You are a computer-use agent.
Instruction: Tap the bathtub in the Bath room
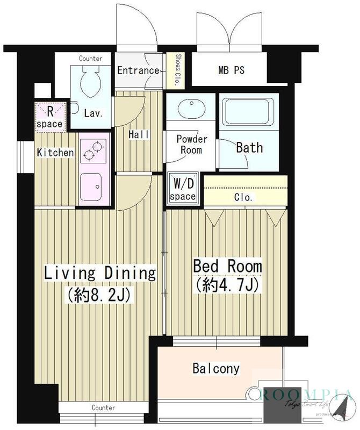point(249,112)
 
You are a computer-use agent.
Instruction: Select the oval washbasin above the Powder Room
point(192,108)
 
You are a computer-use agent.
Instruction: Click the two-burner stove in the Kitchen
point(93,151)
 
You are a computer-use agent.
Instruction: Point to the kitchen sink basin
point(91,187)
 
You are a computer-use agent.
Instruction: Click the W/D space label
point(183,189)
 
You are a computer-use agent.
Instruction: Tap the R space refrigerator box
point(51,117)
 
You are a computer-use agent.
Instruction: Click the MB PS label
point(231,70)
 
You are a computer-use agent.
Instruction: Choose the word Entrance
point(138,70)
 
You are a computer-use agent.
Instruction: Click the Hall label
point(139,135)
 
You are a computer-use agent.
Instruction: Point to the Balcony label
point(216,368)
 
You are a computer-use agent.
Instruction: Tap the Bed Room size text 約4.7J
point(226,286)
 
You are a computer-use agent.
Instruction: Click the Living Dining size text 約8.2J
point(99,295)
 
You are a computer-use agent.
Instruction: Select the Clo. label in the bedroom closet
point(243,197)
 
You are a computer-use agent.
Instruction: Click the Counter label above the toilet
point(90,59)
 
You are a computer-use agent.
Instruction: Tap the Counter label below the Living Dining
point(103,408)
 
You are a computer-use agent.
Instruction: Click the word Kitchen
point(55,153)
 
